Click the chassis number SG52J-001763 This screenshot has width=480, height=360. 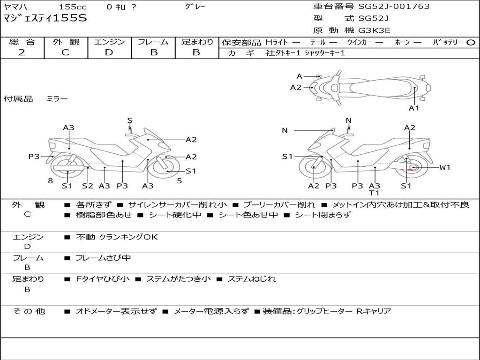[x=394, y=7]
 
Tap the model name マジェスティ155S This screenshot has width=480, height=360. [x=45, y=18]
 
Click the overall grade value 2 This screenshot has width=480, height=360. [x=22, y=52]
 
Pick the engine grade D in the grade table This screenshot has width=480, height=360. [x=109, y=52]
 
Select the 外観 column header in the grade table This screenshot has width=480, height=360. [x=66, y=42]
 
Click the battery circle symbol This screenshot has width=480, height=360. [x=471, y=43]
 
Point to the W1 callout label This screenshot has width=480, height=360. [x=445, y=167]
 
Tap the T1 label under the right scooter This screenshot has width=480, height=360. [x=375, y=193]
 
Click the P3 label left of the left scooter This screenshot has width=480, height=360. [x=34, y=157]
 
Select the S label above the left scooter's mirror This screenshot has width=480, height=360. [x=130, y=120]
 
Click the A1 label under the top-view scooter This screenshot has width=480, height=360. [x=414, y=108]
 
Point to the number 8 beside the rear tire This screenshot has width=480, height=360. [x=51, y=181]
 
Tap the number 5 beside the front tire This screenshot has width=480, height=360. [x=180, y=181]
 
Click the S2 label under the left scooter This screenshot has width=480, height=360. [x=88, y=186]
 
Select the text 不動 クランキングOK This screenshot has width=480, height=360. [x=117, y=237]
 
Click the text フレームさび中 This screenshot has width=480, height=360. [x=103, y=258]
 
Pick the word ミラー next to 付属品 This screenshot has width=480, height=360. [x=57, y=99]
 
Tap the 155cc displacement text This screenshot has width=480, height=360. [x=73, y=7]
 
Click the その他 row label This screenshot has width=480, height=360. [x=29, y=311]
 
